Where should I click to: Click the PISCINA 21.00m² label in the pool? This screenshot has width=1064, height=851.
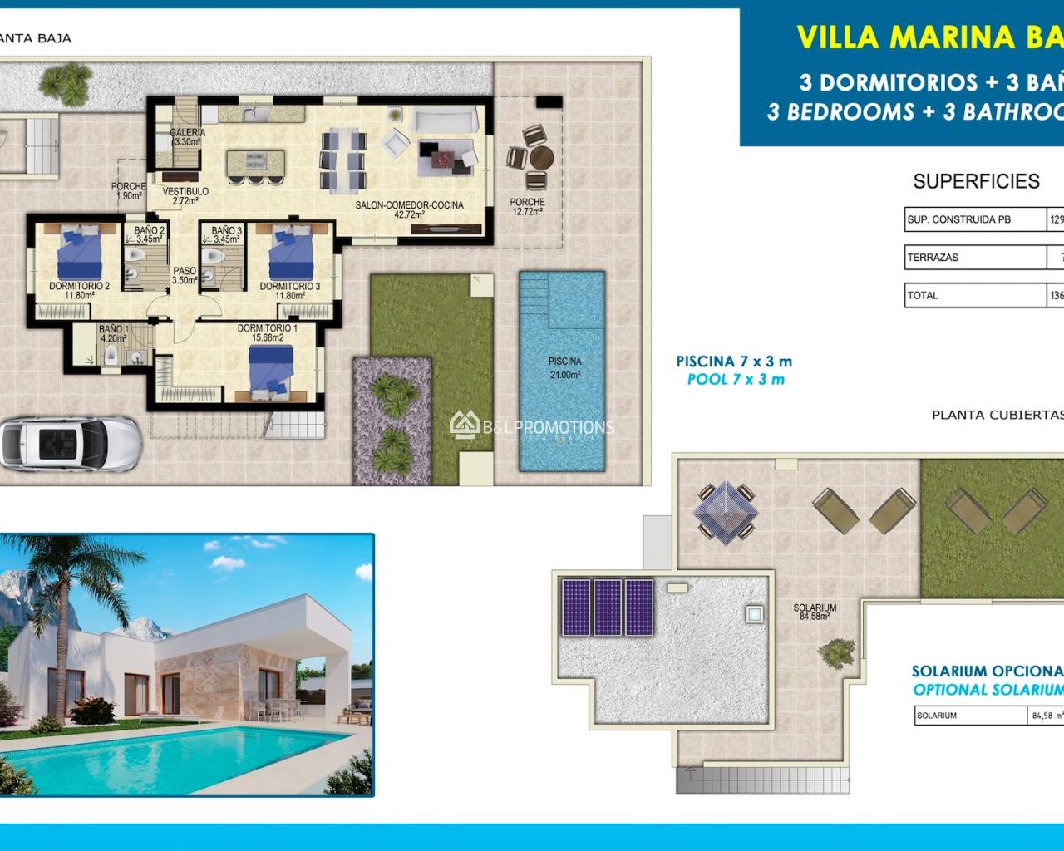564,368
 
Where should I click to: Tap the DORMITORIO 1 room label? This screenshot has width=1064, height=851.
267,333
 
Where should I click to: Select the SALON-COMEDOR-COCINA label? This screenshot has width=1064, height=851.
409,209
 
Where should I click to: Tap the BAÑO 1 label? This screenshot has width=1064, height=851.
113,334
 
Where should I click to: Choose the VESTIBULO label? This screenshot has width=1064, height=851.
185,195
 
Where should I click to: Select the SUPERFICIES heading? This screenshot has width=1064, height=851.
976,181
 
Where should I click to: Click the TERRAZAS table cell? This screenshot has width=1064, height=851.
974,258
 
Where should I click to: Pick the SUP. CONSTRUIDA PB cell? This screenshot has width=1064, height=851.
974,219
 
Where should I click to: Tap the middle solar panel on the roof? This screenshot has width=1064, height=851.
608,608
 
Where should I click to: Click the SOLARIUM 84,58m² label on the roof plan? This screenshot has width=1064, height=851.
815,612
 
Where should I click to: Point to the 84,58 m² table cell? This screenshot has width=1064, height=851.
1047,716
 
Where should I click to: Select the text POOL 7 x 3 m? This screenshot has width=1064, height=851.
735,380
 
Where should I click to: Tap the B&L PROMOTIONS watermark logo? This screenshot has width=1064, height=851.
532,427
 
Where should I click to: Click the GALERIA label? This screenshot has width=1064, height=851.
187,137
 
